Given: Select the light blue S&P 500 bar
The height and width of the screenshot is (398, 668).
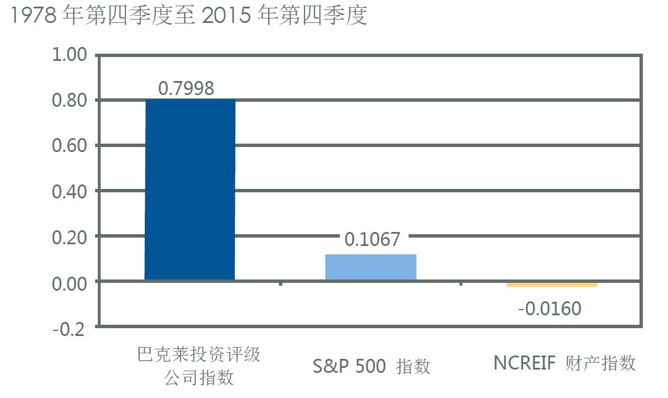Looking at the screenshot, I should point(371,267).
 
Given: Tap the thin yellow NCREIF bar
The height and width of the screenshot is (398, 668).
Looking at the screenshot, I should point(552,285).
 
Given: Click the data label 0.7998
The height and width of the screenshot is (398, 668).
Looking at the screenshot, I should point(186,88).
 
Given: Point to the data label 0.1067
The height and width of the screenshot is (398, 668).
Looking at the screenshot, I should point(372,239).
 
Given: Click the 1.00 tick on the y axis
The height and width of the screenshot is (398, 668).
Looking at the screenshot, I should point(69,55).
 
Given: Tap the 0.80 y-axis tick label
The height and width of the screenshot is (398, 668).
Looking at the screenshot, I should point(69,101).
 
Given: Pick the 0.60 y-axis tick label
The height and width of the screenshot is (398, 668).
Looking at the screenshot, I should point(69,146).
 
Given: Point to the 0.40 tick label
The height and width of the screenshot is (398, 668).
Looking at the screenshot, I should point(69,191).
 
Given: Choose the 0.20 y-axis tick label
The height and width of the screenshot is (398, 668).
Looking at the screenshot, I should point(69,237).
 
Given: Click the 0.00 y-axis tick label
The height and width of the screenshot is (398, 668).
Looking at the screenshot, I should point(69,282).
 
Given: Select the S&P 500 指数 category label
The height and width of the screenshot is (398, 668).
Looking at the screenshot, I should point(372,366).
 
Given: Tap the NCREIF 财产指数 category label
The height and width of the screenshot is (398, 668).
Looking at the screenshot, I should point(565,363).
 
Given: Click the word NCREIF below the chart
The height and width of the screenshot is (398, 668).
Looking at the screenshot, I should point(524,363).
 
